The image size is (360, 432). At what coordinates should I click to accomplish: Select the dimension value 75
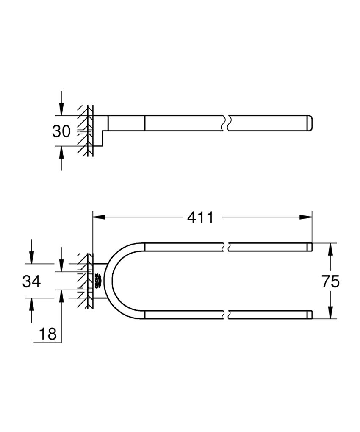(x=331, y=281)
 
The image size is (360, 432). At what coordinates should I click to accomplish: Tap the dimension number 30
(x=61, y=131)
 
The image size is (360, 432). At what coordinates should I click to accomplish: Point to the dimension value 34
(x=31, y=281)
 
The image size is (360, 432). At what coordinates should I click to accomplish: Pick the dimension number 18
(x=48, y=334)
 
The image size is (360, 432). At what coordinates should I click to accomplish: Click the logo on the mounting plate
(x=97, y=281)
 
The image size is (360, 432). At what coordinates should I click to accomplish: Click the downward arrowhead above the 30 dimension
(x=61, y=110)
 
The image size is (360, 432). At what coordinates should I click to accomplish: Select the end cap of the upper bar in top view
(x=310, y=247)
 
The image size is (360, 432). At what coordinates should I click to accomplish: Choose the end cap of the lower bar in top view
(x=310, y=315)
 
